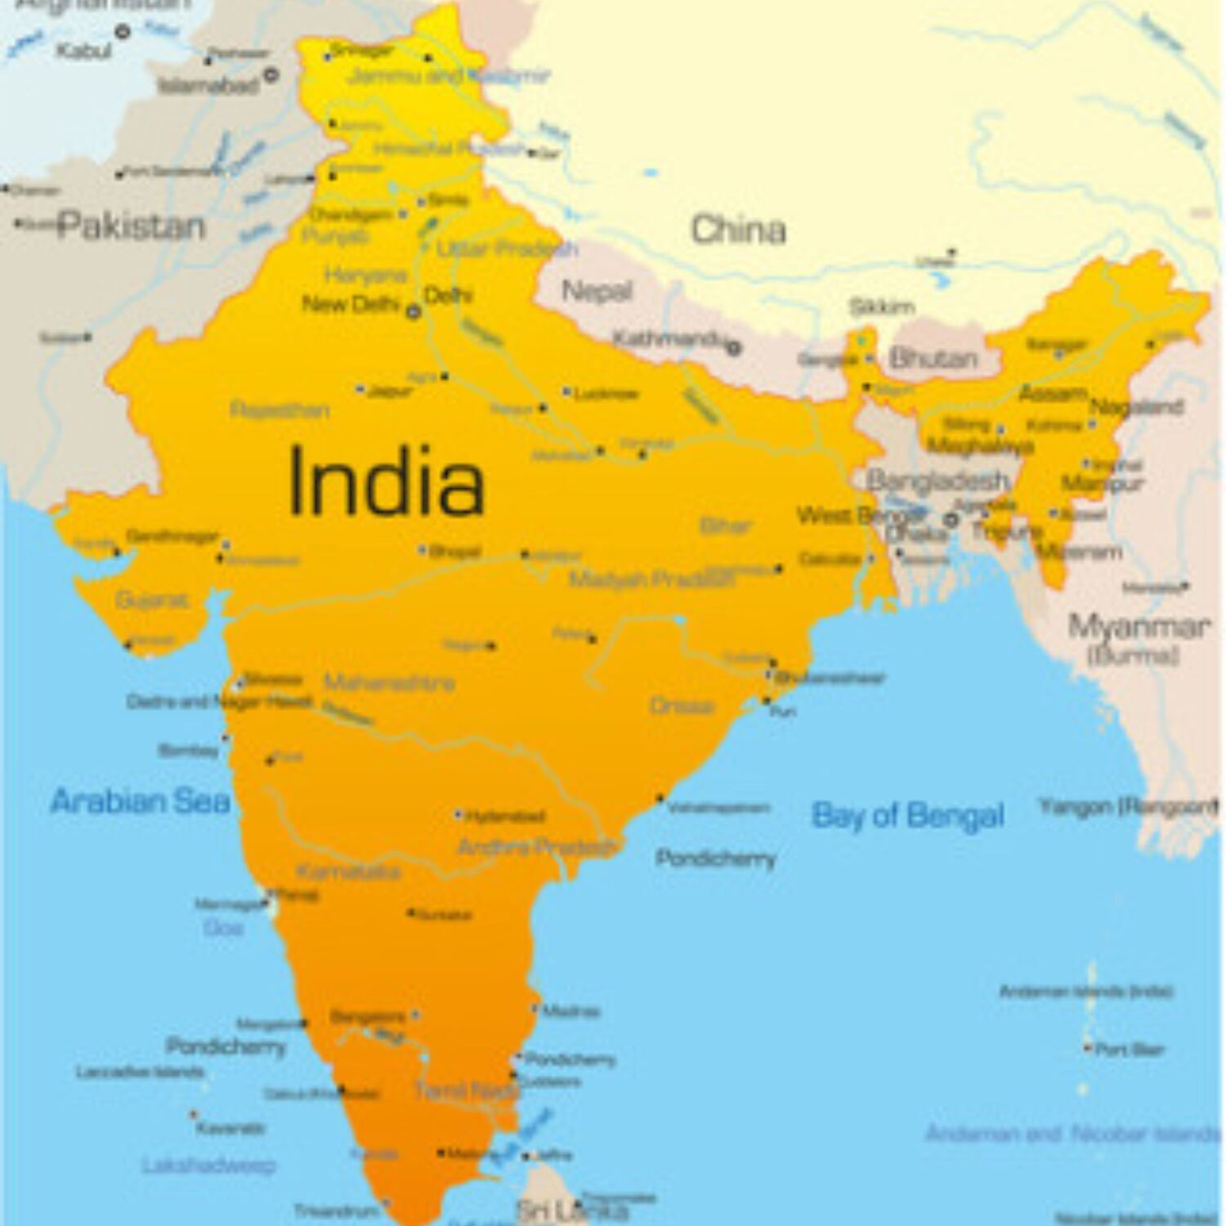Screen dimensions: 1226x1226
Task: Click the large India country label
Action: pos(386,482)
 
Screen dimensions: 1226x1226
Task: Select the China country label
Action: pos(738,230)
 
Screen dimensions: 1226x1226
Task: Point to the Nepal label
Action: pos(597,291)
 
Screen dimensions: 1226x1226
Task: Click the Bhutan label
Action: pos(933,358)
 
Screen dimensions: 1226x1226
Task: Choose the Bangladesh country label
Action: pos(937,481)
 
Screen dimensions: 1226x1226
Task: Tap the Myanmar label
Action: pos(1138,628)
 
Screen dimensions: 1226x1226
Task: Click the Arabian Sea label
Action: pos(140,801)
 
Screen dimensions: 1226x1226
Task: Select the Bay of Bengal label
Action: pos(907,815)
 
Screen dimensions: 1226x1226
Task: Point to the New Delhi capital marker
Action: pos(414,311)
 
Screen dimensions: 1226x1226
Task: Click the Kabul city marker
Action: pos(123,32)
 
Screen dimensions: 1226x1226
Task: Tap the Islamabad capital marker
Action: pos(271,75)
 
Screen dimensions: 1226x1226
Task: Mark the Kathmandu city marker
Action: pos(734,348)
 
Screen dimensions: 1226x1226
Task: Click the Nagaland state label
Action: pos(1136,406)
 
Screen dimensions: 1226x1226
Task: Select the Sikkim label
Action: pos(881,307)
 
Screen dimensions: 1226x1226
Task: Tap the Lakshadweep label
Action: pos(208,1165)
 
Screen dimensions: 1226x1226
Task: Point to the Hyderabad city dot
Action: pos(459,815)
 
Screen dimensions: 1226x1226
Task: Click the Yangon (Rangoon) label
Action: pos(1128,808)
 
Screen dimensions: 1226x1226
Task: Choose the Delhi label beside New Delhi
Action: pos(448,295)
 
